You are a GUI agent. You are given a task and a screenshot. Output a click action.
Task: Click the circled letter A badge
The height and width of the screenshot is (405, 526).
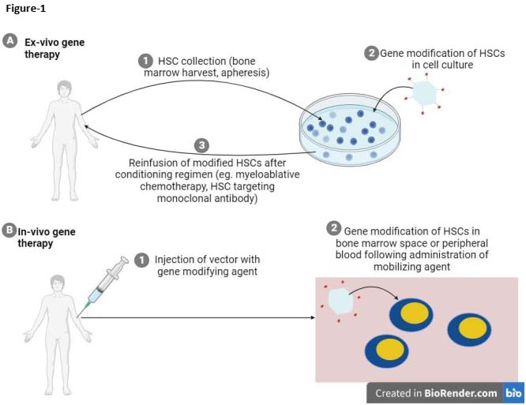9,39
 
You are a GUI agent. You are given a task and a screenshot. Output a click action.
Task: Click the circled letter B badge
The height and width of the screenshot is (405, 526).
9,231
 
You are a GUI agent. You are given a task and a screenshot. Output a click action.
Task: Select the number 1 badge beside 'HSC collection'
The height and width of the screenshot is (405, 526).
145,60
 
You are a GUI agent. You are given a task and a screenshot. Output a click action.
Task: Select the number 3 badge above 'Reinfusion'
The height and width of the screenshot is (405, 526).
201,146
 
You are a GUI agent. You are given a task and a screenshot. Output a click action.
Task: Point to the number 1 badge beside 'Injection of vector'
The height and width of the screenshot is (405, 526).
142,259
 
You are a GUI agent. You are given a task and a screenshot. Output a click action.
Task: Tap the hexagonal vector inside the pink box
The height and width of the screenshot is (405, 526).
340,301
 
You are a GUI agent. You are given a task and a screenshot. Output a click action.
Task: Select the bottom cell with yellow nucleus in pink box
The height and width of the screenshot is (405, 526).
388,348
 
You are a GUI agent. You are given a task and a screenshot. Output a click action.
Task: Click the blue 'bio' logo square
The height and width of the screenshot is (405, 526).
513,392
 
